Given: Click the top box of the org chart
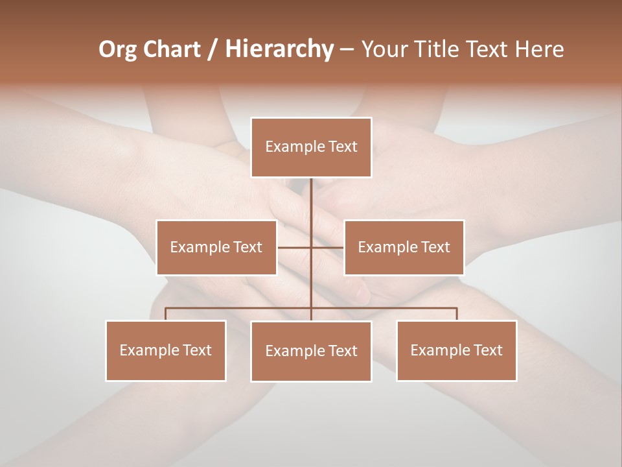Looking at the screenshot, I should pyautogui.click(x=311, y=147).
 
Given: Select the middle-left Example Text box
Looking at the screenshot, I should pyautogui.click(x=216, y=247).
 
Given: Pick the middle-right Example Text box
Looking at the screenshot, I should pyautogui.click(x=404, y=247).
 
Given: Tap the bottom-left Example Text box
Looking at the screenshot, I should pyautogui.click(x=166, y=350).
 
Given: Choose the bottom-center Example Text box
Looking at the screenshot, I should pyautogui.click(x=311, y=351).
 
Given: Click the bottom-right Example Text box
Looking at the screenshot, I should pyautogui.click(x=456, y=350).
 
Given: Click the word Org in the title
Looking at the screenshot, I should pyautogui.click(x=117, y=49).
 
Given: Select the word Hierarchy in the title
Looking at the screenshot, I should pyautogui.click(x=279, y=49).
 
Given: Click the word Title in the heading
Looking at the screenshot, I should pyautogui.click(x=442, y=49).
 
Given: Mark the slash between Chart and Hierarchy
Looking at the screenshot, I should pyautogui.click(x=213, y=49).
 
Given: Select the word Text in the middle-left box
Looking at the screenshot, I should pyautogui.click(x=248, y=247).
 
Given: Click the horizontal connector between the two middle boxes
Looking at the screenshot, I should pyautogui.click(x=295, y=247).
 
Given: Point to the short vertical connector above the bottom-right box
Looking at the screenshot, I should pyautogui.click(x=456, y=314).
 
